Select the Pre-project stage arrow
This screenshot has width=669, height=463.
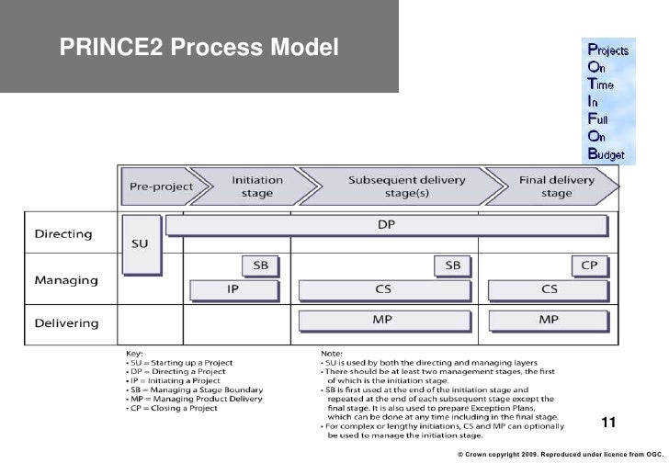tap(159, 186)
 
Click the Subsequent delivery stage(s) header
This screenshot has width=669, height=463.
tap(397, 186)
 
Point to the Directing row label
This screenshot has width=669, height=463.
tap(63, 233)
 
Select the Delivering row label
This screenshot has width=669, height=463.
tap(67, 322)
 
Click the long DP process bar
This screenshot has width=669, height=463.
tap(387, 224)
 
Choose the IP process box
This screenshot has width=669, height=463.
tap(233, 289)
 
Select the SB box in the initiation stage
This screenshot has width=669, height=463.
tap(261, 265)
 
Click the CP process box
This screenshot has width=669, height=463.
tap(591, 265)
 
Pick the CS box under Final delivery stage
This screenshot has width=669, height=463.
tap(549, 289)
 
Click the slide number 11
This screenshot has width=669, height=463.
tap(607, 423)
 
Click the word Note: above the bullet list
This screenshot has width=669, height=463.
tap(332, 352)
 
